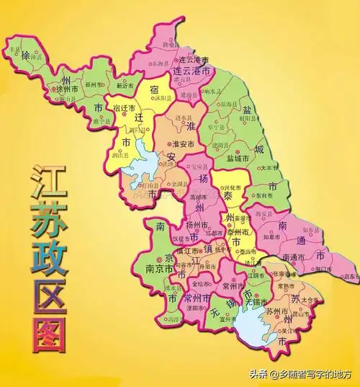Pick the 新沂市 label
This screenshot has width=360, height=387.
[125, 84]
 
